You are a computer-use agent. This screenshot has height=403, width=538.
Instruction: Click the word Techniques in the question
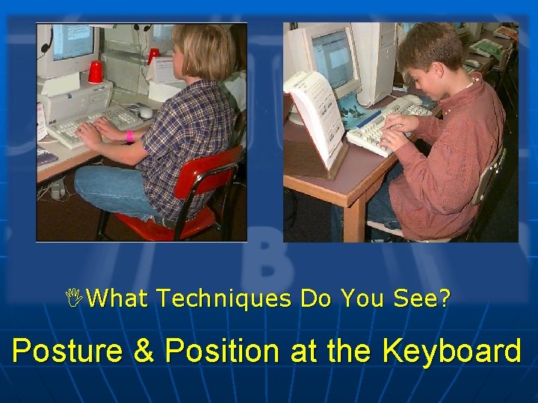(x=225, y=299)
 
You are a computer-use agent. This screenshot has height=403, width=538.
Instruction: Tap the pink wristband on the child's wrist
(x=129, y=137)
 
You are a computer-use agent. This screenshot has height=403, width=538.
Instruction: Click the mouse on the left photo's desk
(x=146, y=112)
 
